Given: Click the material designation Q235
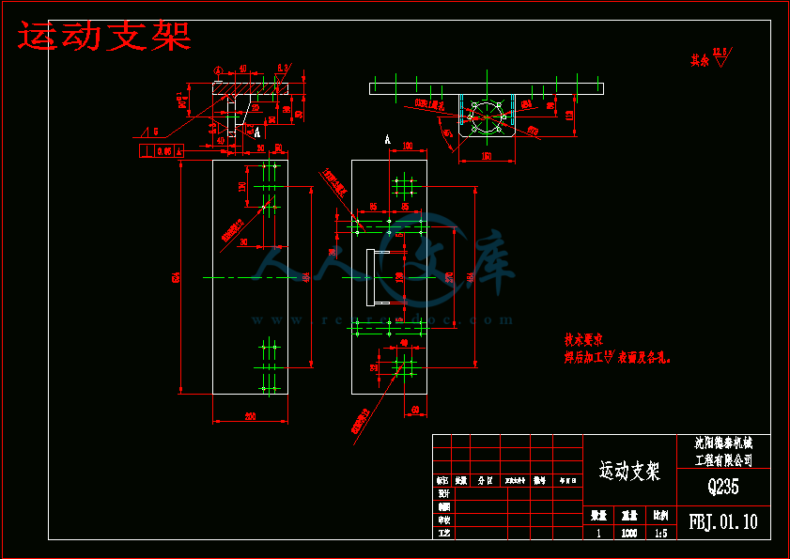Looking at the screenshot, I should [x=723, y=487].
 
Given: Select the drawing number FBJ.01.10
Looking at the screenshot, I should [x=723, y=520].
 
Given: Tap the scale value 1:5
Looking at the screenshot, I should [x=660, y=534].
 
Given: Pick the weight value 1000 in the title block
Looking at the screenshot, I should [x=629, y=534].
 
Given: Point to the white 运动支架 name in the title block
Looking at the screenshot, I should [x=629, y=470].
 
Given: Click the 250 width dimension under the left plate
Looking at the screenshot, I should [x=250, y=415].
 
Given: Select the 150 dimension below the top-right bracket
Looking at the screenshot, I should [x=488, y=156].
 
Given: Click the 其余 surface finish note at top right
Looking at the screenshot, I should [x=699, y=59].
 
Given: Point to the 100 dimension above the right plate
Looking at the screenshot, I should [x=408, y=146].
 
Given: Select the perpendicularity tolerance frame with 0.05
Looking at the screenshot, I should [x=161, y=149].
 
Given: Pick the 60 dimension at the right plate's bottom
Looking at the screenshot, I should [x=414, y=409].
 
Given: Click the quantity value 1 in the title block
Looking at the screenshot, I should [x=598, y=534].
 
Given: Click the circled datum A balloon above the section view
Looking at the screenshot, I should [x=218, y=70].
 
